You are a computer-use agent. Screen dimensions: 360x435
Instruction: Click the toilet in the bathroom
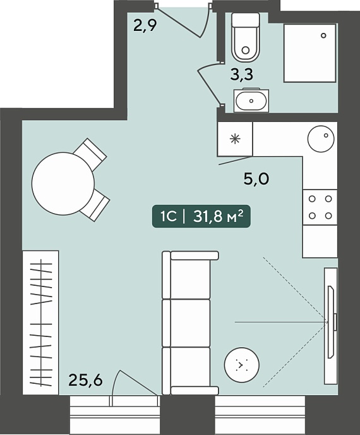coord(246,37)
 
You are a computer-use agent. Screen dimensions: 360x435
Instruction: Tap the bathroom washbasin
coord(251,101)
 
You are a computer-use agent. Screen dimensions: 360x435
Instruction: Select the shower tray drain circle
coord(323,35)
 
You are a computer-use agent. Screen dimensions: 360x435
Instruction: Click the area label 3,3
coord(242,75)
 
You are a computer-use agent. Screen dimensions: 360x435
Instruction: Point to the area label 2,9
coord(145,26)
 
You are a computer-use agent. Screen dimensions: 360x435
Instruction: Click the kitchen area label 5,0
coord(256,179)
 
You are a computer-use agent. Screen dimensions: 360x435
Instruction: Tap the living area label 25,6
coord(85,380)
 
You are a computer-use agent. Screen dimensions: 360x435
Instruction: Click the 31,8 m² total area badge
coord(201,216)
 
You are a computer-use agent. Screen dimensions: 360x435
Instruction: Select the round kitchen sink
coord(321,138)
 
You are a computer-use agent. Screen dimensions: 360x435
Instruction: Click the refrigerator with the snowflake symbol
coord(235,138)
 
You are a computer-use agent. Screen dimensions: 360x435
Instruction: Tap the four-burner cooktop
coord(320,207)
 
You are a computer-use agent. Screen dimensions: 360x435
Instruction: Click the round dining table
coord(63,183)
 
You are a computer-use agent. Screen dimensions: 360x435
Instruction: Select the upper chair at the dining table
coord(90,154)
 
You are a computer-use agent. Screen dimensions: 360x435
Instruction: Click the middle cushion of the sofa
coord(186,323)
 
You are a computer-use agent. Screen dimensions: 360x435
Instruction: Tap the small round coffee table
coord(242,365)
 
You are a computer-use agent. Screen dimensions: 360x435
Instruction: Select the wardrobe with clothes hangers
coord(40,322)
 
